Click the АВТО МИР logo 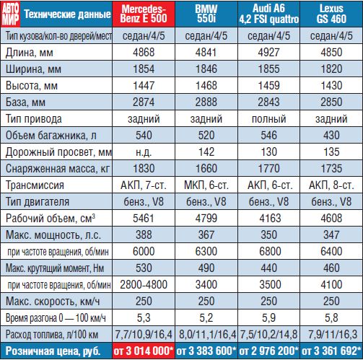tap(11, 14)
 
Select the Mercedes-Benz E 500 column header tap(144, 14)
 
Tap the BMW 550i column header tap(206, 14)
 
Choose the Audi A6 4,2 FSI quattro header tap(269, 14)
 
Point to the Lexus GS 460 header tap(331, 14)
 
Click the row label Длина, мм tap(30, 53)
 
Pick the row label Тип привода tap(34, 119)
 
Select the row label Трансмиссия tap(35, 185)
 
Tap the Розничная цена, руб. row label tap(53, 351)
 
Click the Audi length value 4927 tap(269, 53)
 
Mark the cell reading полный tap(269, 119)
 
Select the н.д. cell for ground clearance tap(144, 152)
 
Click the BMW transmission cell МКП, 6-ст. tap(206, 185)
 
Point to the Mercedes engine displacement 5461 tap(144, 219)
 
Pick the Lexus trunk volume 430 tap(331, 136)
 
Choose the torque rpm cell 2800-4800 tap(144, 285)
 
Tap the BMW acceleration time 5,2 tap(206, 318)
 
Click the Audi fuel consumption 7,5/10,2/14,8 tap(269, 335)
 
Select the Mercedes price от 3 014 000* tap(144, 351)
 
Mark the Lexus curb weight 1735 tap(331, 169)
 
